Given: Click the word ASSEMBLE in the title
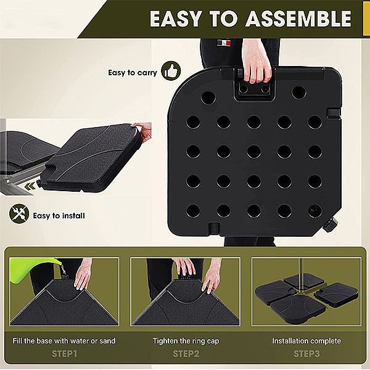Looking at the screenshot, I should pyautogui.click(x=299, y=18).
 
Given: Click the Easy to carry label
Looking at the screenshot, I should pyautogui.click(x=133, y=72).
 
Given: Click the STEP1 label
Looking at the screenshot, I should pyautogui.click(x=64, y=353).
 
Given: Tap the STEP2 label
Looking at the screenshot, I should pyautogui.click(x=185, y=353).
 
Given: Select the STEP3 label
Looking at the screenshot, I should pyautogui.click(x=306, y=353).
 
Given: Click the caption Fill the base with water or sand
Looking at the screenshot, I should pyautogui.click(x=64, y=340).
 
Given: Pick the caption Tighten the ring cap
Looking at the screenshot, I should pyautogui.click(x=185, y=340).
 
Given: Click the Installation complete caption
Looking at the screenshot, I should pyautogui.click(x=306, y=340).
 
